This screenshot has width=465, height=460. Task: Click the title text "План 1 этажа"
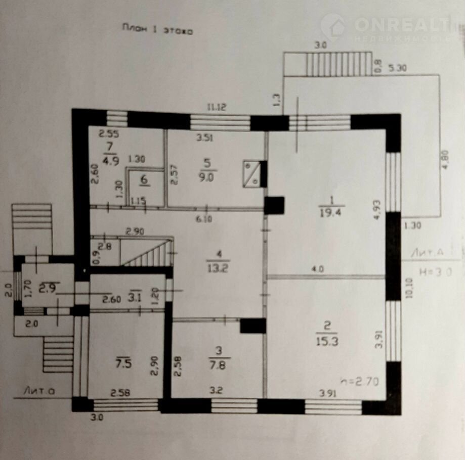click(x=157, y=30)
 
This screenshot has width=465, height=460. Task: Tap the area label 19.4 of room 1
click(x=332, y=212)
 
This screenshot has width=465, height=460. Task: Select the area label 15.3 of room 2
click(x=327, y=342)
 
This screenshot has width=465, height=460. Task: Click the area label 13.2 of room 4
click(x=218, y=268)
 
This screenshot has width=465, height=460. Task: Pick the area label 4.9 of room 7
click(x=110, y=162)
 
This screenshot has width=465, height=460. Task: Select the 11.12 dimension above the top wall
click(x=216, y=108)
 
